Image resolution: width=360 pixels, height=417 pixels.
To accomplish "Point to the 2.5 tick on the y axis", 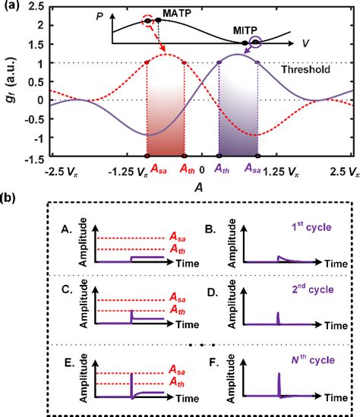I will (30, 7).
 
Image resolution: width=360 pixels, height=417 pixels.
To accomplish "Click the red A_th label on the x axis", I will (187, 172).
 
